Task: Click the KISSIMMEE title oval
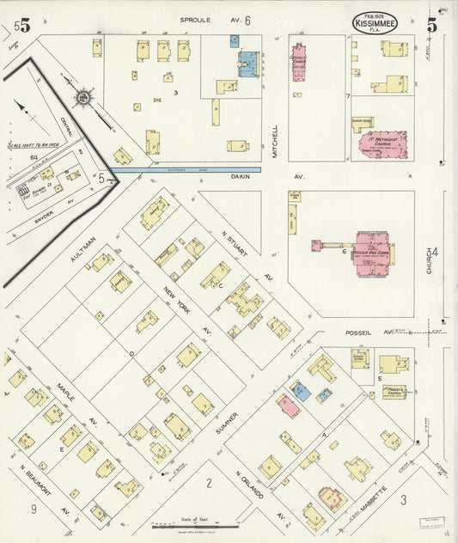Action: click(375, 22)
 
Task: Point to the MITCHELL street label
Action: click(275, 140)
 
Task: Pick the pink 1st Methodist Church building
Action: click(384, 145)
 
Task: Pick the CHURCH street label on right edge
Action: click(427, 261)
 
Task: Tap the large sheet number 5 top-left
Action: click(25, 26)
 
